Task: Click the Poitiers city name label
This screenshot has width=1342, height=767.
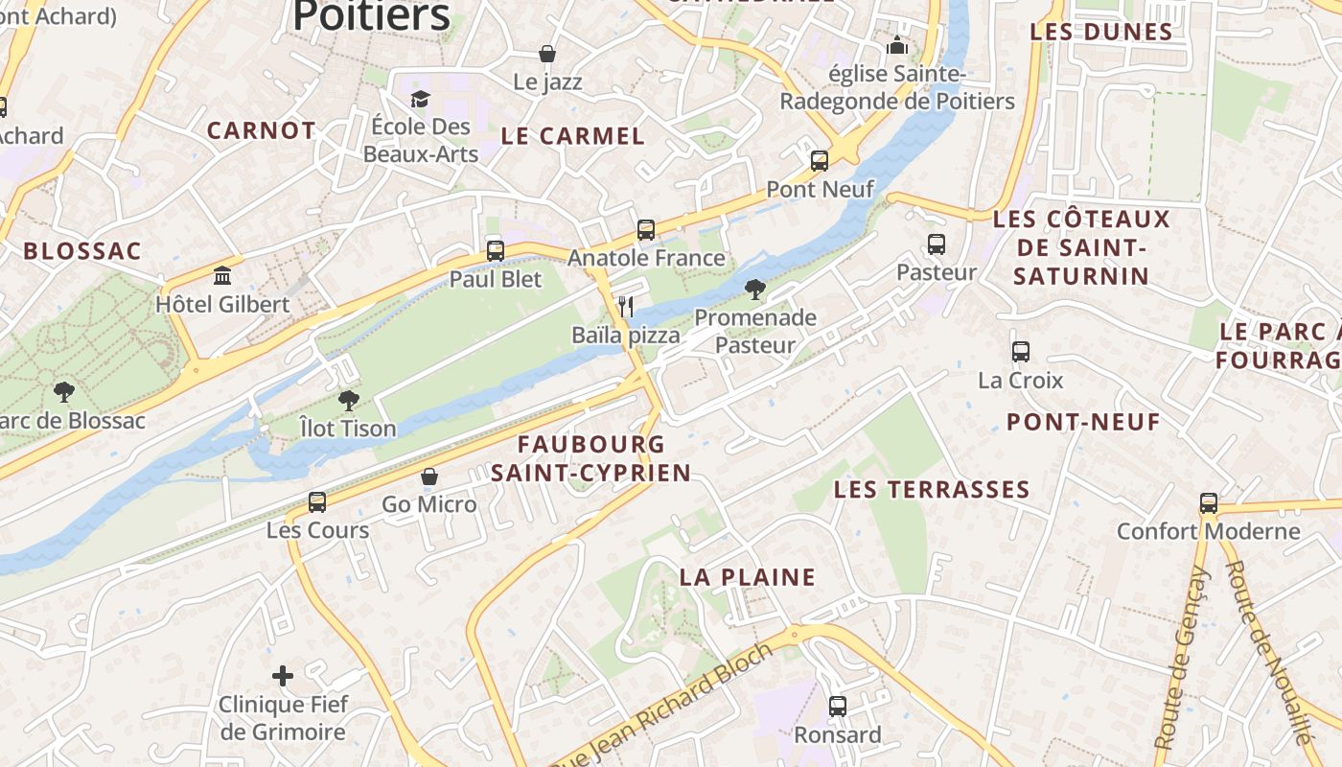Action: coord(371,15)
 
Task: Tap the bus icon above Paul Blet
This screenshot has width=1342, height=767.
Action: coord(496,251)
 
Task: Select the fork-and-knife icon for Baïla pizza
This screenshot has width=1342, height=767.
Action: coord(626,307)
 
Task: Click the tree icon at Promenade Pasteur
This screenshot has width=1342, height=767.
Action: coord(755,290)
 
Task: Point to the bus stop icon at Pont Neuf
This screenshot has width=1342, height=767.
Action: coord(820,161)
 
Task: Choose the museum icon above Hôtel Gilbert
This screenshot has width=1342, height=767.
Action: coord(223,276)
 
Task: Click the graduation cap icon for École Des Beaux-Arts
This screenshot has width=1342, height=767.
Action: coord(420,99)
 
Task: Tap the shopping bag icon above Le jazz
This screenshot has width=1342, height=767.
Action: coord(547,54)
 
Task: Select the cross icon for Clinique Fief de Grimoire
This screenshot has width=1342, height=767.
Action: coord(283,676)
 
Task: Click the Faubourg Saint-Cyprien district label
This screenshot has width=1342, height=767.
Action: coord(591,458)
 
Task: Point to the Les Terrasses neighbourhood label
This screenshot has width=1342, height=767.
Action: coord(932,490)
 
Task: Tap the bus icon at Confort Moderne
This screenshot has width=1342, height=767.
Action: coord(1209,503)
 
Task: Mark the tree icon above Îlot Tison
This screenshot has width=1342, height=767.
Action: coord(348,401)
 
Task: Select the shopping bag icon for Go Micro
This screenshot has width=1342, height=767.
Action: coord(429,476)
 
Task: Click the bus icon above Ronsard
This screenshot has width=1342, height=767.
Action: coord(838,707)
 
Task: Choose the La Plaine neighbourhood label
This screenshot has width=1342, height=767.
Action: coord(748,577)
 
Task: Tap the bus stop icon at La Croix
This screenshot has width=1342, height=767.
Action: coord(1021,352)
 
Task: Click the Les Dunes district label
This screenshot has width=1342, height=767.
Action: coord(1101,32)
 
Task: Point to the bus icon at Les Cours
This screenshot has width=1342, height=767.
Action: coord(317,501)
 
